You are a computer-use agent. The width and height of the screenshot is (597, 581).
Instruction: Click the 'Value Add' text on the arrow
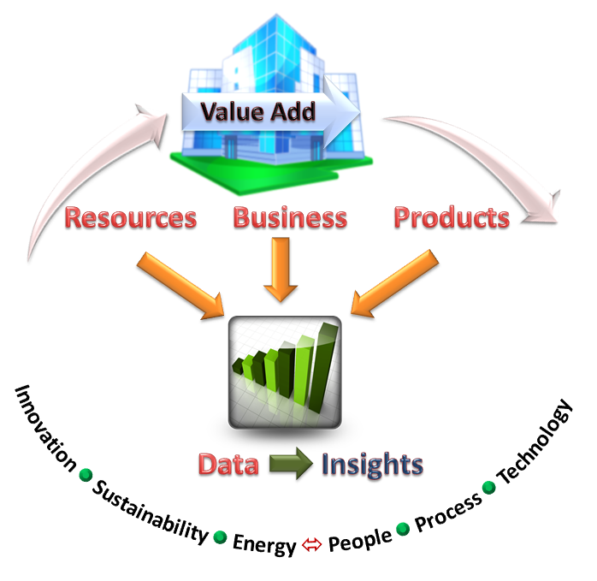(258, 111)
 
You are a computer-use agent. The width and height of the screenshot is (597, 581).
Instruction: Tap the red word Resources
(131, 217)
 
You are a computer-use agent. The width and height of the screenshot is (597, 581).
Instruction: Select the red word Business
(290, 217)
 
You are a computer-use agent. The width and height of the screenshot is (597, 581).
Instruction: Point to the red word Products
(452, 217)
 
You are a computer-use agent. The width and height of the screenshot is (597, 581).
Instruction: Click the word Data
(228, 464)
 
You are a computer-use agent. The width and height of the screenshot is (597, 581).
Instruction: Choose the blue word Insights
(372, 465)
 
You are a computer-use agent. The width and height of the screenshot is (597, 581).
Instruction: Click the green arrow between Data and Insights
(292, 463)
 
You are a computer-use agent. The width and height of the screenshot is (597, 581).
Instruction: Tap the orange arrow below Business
(281, 270)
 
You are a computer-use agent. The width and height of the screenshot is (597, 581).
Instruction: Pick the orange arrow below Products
(394, 283)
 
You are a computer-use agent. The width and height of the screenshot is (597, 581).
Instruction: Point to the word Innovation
(45, 428)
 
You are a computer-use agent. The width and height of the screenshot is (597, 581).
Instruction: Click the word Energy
(264, 544)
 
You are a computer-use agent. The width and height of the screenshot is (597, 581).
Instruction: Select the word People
(360, 539)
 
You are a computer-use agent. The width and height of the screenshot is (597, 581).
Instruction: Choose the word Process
(448, 512)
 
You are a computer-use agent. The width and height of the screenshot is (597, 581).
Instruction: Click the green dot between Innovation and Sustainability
(86, 475)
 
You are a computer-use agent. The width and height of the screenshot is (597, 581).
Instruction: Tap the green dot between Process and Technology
(489, 487)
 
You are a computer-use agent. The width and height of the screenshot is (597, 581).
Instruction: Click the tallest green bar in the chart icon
(323, 369)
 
